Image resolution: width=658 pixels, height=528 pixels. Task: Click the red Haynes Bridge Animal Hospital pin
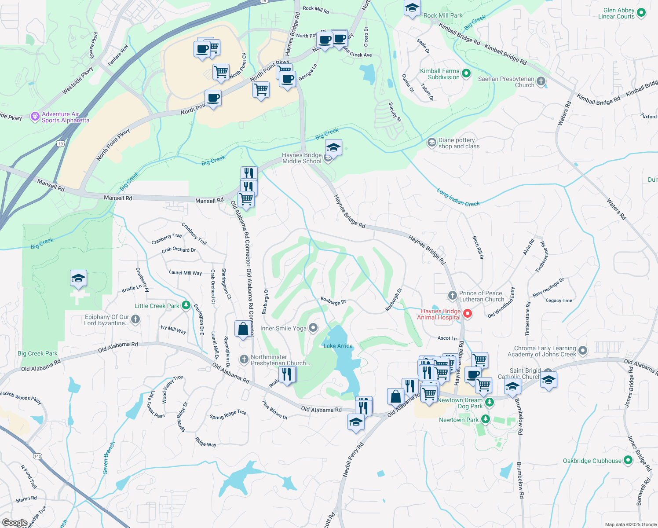click(468, 314)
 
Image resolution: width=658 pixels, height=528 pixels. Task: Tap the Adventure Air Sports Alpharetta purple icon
click(35, 117)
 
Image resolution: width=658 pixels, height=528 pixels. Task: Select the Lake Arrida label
click(338, 346)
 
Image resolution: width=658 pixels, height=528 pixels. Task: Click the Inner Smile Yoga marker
click(313, 328)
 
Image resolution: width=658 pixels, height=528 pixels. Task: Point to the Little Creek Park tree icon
click(186, 305)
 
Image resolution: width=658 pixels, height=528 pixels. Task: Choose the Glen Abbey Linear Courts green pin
click(641, 13)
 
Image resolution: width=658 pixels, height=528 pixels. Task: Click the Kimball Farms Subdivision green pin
click(466, 74)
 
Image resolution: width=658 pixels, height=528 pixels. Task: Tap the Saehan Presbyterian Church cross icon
click(541, 81)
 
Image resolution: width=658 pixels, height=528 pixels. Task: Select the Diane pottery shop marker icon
click(432, 143)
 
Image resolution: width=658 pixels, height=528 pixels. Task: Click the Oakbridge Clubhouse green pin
click(628, 460)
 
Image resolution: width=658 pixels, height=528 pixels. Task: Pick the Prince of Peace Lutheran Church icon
click(452, 296)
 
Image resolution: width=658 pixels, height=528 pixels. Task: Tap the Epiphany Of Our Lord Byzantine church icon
click(135, 319)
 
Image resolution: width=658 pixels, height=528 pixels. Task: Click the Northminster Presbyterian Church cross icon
click(244, 359)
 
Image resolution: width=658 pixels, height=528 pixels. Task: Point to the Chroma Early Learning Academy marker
click(583, 351)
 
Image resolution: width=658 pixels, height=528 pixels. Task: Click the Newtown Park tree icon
click(486, 419)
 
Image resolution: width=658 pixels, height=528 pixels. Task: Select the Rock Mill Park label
click(443, 15)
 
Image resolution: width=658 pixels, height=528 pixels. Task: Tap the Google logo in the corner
click(15, 523)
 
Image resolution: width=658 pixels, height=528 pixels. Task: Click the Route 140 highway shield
click(38, 456)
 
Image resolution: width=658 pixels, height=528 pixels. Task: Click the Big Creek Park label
click(37, 353)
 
